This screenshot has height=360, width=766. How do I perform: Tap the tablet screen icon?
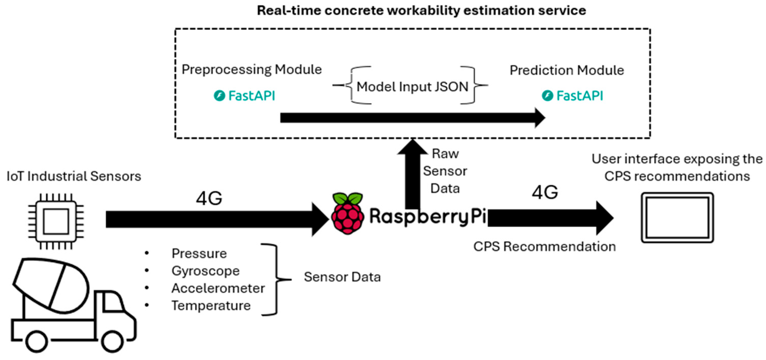tap(677, 218)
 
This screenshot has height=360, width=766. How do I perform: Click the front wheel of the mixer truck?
tap(112, 341)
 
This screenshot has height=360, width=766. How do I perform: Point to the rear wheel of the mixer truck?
tap(37, 341)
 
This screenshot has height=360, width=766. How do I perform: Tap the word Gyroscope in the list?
tap(205, 271)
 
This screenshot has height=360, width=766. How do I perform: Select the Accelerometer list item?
tap(218, 288)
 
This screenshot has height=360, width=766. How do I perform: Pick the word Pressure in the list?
tap(199, 254)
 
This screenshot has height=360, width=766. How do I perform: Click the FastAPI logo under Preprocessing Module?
tap(245, 96)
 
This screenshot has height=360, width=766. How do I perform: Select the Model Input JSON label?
tap(412, 87)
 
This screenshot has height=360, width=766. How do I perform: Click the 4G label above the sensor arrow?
tap(209, 198)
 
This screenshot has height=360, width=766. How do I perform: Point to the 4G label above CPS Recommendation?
tap(545, 192)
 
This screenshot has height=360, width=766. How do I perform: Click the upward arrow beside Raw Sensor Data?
tap(412, 174)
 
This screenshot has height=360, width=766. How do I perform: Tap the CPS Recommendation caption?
tap(544, 247)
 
